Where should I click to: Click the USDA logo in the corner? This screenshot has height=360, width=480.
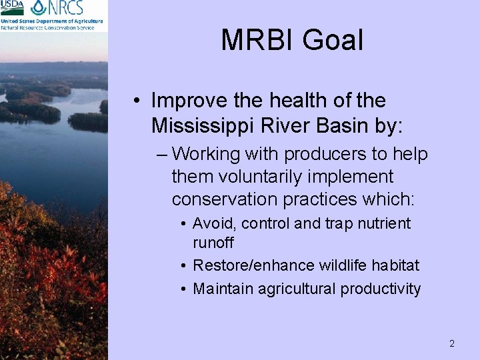[x=13, y=8]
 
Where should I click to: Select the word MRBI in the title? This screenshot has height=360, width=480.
[x=257, y=40]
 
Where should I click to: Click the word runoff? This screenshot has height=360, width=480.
[x=213, y=243]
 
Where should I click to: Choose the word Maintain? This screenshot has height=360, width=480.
[x=223, y=289]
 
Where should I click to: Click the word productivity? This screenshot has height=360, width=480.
[x=380, y=289]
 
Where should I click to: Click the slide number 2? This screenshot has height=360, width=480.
[x=451, y=344]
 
